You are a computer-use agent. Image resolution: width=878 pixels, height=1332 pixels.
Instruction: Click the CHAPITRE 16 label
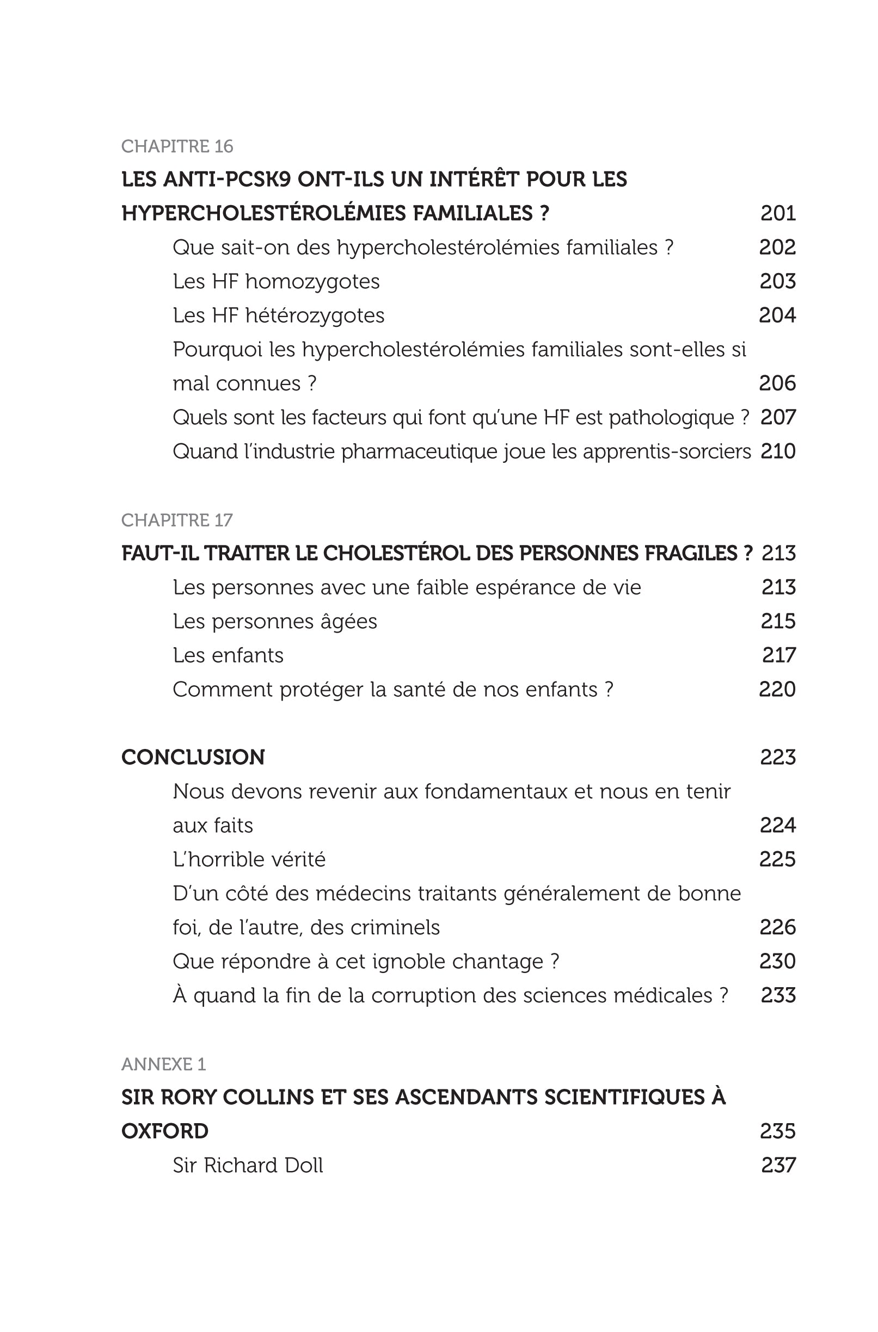pos(177,147)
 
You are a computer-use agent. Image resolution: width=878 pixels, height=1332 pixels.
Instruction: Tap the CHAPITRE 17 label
pos(177,521)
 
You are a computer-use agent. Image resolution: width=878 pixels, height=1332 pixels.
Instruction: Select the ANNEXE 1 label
pos(163,1064)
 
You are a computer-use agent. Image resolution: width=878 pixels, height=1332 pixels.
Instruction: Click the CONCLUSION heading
pos(193,757)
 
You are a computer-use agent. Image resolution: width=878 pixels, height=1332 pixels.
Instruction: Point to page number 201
pos(778,213)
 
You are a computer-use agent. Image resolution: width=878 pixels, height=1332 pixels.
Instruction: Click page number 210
pos(778,451)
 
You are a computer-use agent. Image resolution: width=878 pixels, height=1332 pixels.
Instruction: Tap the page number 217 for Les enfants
pos(778,655)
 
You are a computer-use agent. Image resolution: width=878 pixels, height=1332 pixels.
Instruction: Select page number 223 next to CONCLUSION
pos(778,757)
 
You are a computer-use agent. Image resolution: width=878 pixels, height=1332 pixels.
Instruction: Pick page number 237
pos(778,1165)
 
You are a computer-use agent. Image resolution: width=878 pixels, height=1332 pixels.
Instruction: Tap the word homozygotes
pos(312,282)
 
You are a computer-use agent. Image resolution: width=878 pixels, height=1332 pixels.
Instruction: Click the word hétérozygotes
pos(315,315)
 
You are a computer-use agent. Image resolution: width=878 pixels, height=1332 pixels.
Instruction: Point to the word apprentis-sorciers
pos(667,451)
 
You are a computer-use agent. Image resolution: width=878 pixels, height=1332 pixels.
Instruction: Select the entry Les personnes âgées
pos(275,621)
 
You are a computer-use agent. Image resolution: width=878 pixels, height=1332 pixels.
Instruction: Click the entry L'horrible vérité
pos(249,859)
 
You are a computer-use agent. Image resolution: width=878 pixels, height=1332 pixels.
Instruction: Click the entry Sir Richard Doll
pos(248,1165)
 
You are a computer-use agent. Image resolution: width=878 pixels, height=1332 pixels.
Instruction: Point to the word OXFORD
pos(165,1131)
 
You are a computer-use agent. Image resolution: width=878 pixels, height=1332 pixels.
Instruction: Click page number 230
pos(778,961)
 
